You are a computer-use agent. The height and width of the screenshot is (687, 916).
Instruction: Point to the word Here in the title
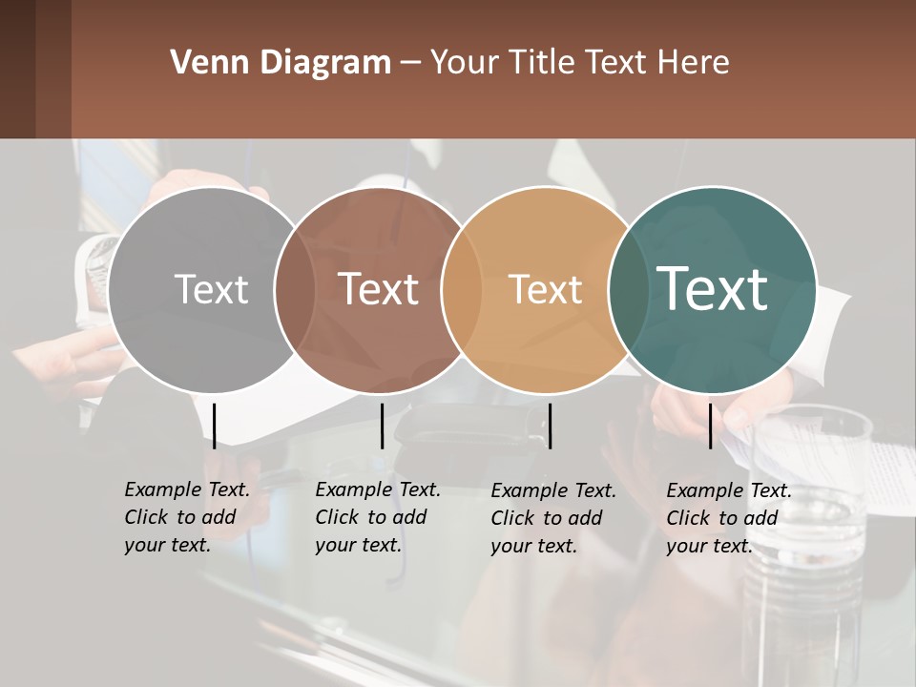point(695,63)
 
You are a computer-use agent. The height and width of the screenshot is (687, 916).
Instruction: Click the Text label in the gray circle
point(211,289)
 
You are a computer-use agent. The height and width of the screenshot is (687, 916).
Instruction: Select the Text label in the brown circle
point(378,289)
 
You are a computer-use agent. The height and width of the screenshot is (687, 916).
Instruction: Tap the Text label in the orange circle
point(545,289)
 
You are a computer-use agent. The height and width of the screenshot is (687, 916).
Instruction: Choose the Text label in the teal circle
point(712,288)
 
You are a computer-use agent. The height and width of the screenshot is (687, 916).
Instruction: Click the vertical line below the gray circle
point(215,426)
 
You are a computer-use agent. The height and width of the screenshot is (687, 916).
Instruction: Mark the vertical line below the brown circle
point(382,426)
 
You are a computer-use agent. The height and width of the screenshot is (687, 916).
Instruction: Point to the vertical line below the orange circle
point(550,426)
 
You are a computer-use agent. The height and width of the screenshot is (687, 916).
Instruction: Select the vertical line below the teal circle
point(711,426)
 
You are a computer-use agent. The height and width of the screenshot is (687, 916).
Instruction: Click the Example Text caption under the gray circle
point(186,517)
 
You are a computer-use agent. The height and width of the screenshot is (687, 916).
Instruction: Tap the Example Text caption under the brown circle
point(377,517)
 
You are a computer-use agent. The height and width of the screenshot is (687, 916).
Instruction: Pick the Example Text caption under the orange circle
point(552,518)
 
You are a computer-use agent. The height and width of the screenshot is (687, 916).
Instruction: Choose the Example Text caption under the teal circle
point(728,518)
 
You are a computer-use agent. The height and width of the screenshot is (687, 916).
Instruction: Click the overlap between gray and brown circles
point(295,289)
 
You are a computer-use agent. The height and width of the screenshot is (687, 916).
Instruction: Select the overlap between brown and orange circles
point(462,289)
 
